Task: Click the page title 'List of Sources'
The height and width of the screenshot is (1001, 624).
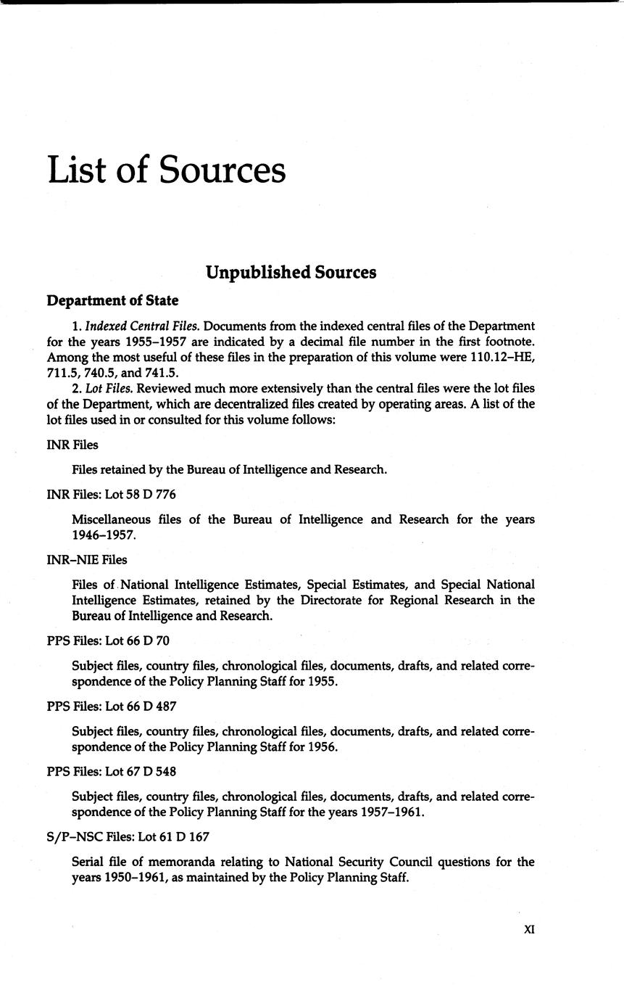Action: [x=167, y=170]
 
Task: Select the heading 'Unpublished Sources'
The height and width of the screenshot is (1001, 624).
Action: [x=291, y=272]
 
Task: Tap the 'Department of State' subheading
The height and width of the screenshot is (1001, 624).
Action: [x=112, y=300]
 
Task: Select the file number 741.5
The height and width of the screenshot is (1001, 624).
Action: [x=161, y=374]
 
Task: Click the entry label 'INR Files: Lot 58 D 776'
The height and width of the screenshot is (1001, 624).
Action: [x=111, y=495]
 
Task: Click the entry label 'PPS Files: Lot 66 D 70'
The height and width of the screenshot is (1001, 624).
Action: [x=108, y=641]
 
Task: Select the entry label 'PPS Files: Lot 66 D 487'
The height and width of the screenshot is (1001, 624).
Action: [x=111, y=707]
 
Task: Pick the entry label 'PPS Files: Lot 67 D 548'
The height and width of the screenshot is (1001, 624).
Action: [x=111, y=772]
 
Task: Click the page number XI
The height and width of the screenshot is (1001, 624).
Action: [x=528, y=928]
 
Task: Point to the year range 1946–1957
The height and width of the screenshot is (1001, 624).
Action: [x=103, y=535]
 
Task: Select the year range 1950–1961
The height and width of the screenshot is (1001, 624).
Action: [x=103, y=878]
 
